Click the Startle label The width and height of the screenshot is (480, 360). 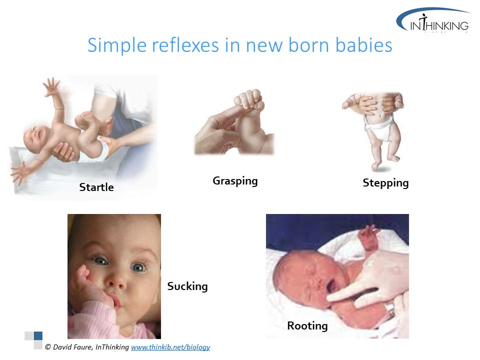pyautogui.click(x=96, y=187)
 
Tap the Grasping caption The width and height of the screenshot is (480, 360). pyautogui.click(x=235, y=181)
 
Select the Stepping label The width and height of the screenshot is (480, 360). pyautogui.click(x=385, y=183)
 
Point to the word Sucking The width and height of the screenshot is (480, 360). pyautogui.click(x=187, y=286)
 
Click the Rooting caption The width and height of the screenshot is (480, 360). pyautogui.click(x=307, y=325)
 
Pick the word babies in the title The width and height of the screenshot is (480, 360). pyautogui.click(x=363, y=45)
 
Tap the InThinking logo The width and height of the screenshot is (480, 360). pyautogui.click(x=433, y=20)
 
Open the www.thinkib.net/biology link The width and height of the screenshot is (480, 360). pyautogui.click(x=170, y=347)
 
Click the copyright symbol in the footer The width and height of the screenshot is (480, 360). pyautogui.click(x=48, y=347)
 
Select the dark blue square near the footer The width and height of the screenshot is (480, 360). pyautogui.click(x=38, y=336)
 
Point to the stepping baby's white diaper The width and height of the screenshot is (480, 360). pyautogui.click(x=379, y=127)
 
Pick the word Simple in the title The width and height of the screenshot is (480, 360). pyautogui.click(x=117, y=45)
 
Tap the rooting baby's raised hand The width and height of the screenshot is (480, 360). pyautogui.click(x=368, y=235)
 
